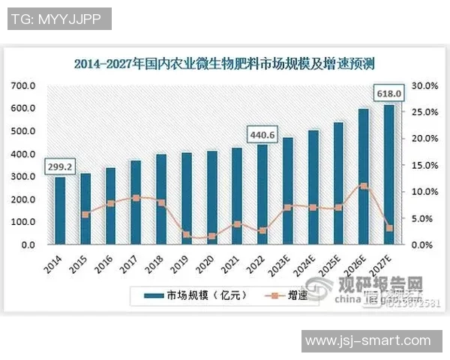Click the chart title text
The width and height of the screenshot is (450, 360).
click(x=225, y=63)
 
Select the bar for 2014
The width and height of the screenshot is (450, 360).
click(x=59, y=211)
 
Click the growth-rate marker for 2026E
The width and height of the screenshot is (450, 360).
click(x=363, y=185)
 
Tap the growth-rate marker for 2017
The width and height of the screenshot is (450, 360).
click(x=135, y=198)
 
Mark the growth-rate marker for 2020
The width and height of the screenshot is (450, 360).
click(x=211, y=236)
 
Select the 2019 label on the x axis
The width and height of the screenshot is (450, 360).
click(x=181, y=262)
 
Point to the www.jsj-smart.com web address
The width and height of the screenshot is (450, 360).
click(x=372, y=341)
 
